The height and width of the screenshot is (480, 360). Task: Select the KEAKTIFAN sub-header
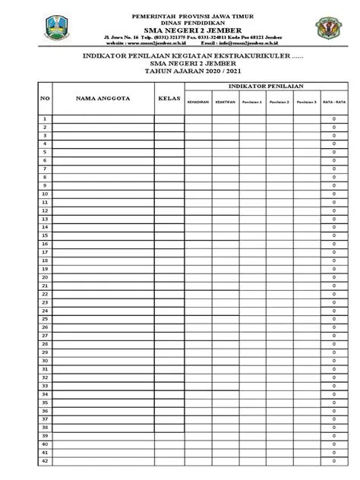point(225,102)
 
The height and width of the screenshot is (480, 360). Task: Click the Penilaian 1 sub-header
point(252,102)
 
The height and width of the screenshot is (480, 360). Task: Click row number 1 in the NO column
point(45,119)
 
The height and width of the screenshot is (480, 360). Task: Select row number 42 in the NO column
point(45,460)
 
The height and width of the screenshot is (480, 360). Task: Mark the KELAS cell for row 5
point(169,153)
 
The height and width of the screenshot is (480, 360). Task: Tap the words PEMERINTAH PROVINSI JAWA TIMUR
point(180,15)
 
